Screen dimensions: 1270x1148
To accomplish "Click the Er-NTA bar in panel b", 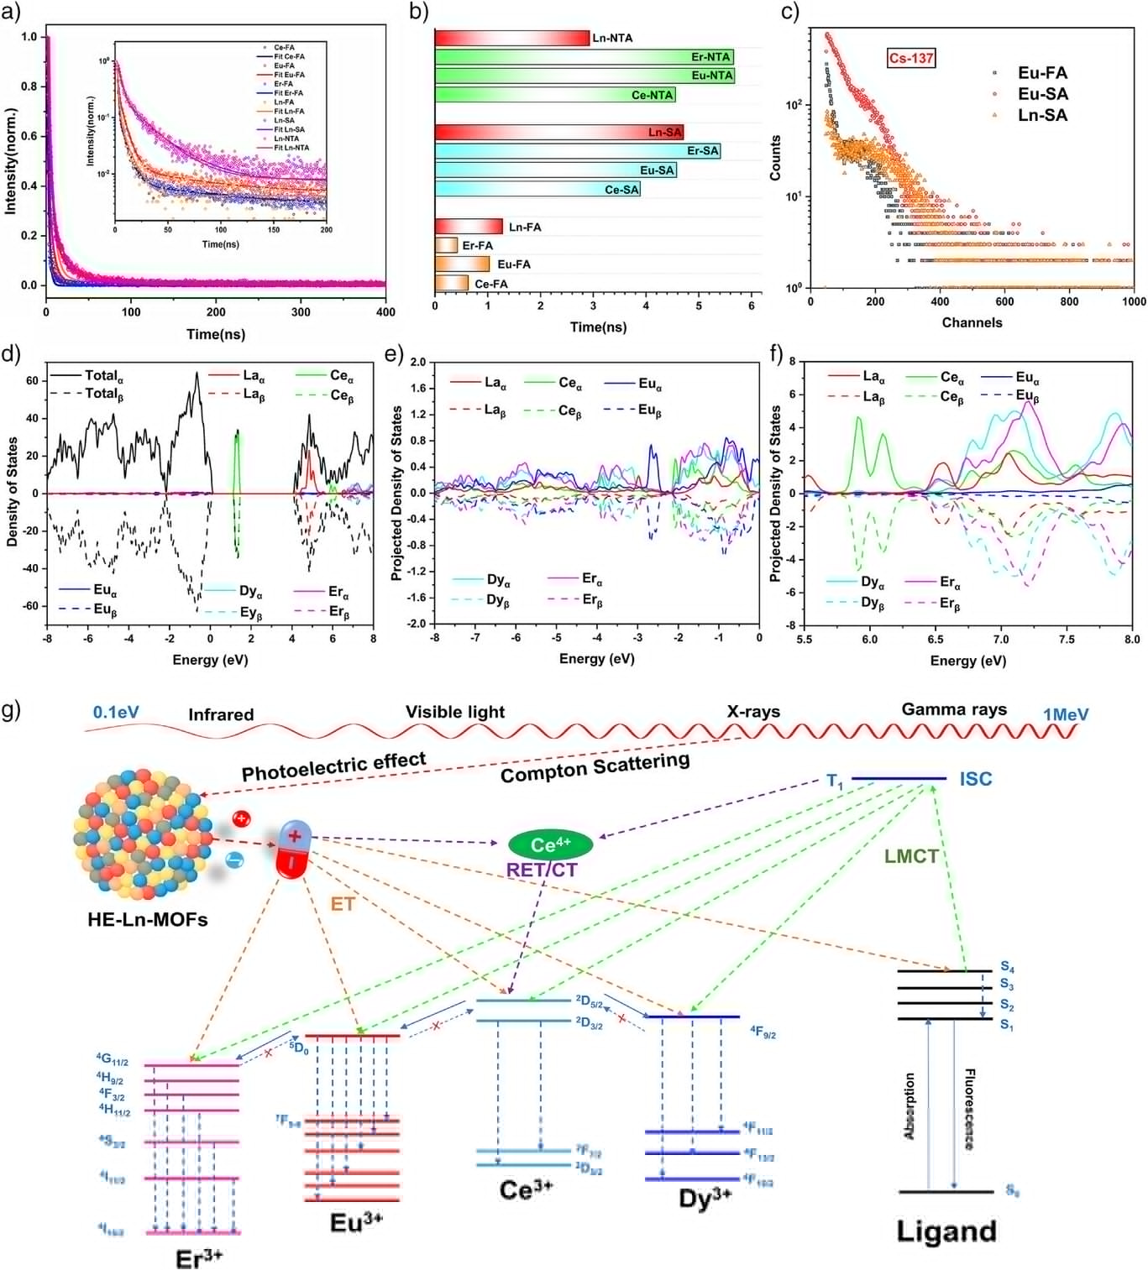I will click(x=584, y=57).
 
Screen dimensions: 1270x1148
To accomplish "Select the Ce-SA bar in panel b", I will click(x=537, y=190).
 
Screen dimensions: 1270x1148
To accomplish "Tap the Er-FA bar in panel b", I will click(x=446, y=245).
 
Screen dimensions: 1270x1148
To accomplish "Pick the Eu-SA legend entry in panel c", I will click(x=1042, y=94).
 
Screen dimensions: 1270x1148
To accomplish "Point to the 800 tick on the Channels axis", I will click(x=1068, y=302).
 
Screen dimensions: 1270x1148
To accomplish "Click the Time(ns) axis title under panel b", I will click(x=598, y=327).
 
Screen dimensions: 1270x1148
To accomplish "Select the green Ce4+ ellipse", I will click(x=551, y=844).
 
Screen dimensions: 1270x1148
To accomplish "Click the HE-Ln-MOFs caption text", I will click(x=148, y=919).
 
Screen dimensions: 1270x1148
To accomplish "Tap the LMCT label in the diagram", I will click(x=910, y=857).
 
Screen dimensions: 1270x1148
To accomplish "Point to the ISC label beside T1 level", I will click(x=975, y=779).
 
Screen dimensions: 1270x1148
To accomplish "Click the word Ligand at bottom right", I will click(x=946, y=1231).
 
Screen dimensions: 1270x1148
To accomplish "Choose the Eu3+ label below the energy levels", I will click(x=356, y=1222).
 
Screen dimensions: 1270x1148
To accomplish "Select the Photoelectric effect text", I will click(x=333, y=766).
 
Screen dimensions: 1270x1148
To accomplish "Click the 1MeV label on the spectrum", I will click(x=1066, y=714).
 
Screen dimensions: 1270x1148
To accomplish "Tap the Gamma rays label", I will click(x=953, y=709).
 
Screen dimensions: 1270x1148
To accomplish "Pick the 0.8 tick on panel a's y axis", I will click(x=29, y=86).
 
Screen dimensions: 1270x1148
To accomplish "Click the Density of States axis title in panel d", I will click(x=12, y=492).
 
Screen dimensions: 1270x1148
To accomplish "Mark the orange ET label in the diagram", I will click(x=343, y=903).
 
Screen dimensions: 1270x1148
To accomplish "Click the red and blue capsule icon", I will click(x=294, y=850).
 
